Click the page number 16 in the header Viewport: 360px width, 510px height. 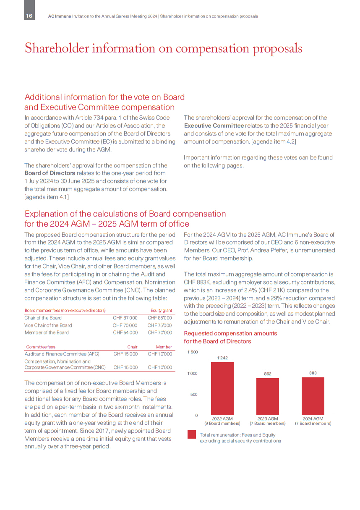(29, 16)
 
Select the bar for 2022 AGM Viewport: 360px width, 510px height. (222, 388)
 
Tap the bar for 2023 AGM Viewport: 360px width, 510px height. (268, 396)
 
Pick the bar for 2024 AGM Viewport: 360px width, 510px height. (313, 396)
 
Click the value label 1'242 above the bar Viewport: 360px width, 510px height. (222, 358)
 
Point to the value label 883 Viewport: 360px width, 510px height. (313, 373)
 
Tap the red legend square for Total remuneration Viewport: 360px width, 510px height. (192, 434)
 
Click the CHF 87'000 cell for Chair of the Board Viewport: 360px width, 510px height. (125, 318)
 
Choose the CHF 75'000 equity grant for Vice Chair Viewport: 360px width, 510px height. (160, 325)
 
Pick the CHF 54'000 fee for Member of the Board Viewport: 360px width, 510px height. (125, 332)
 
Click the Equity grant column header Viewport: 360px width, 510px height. (162, 311)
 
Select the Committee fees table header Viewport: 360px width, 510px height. (41, 347)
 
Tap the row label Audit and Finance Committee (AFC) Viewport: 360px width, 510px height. (62, 354)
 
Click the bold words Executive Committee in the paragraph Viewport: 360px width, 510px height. (214, 126)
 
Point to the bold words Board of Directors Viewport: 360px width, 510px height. (50, 173)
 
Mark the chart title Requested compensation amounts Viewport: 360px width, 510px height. (230, 333)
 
